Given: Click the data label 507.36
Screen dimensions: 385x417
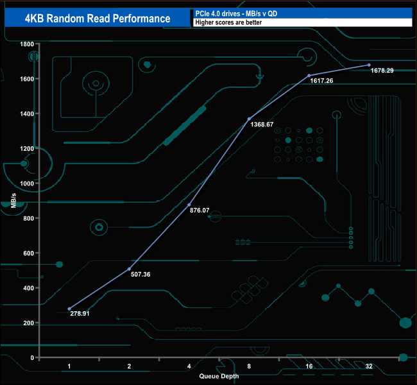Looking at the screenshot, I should coord(140,275).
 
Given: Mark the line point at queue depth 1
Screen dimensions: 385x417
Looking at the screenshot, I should coord(69,309).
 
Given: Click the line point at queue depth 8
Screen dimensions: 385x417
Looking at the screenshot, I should coord(249,119).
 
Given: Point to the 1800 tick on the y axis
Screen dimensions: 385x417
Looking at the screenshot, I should coord(26,44).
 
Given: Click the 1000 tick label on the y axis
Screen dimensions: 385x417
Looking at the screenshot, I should coord(26,184).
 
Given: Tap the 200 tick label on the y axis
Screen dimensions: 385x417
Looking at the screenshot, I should coord(28,323).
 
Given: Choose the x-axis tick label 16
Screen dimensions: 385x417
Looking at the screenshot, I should coord(309,366).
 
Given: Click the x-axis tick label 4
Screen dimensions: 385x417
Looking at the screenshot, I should coord(189,366).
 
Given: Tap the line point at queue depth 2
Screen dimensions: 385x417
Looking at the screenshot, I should coord(130,269).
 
